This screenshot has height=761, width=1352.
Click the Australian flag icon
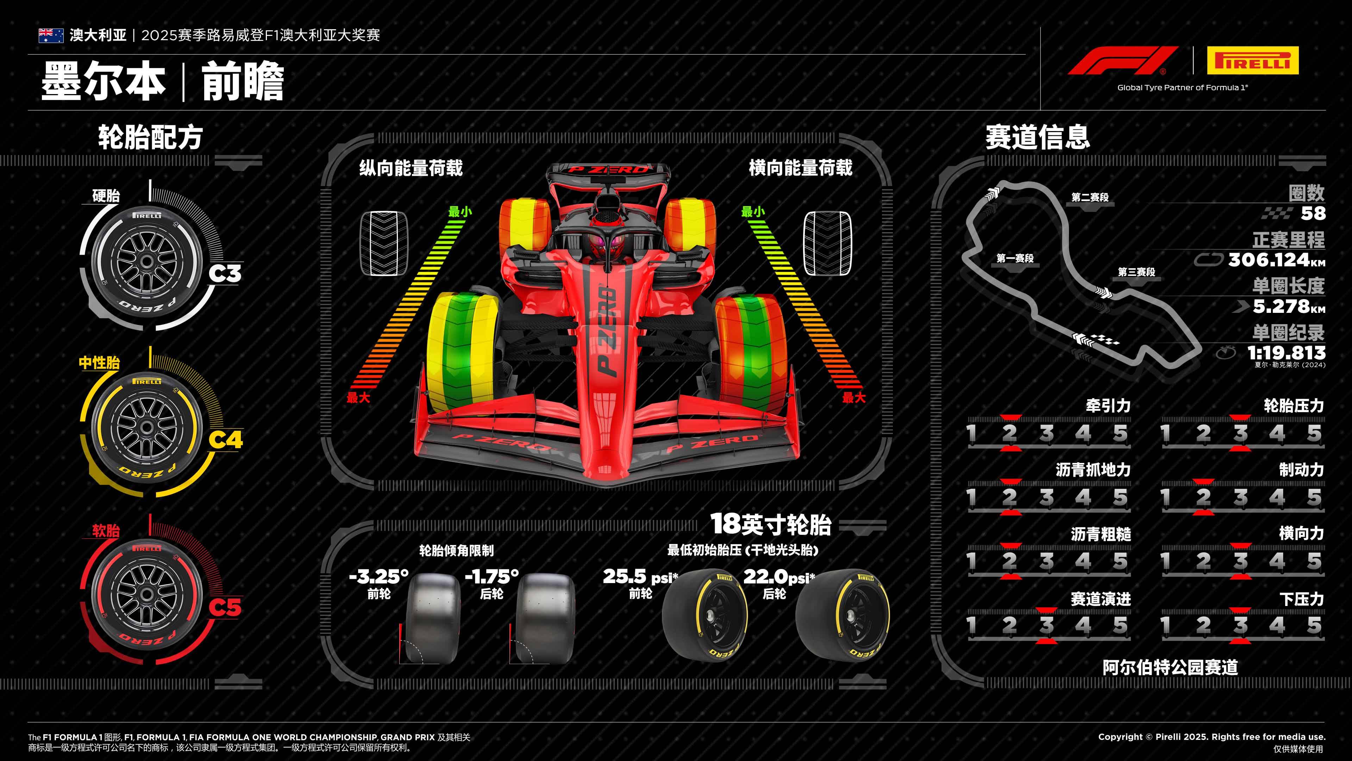point(51,35)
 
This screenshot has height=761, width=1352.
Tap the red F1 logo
point(1123,60)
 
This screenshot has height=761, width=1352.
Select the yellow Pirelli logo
point(1252,60)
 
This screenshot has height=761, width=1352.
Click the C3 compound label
point(225,273)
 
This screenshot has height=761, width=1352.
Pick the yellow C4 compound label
point(226,440)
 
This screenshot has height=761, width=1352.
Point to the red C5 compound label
point(225,607)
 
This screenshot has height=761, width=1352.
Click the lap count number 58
point(1313,213)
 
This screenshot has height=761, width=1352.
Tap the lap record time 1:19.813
point(1287,352)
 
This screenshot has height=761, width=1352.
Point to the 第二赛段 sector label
point(1090,197)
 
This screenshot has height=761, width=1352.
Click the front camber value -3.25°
point(379,577)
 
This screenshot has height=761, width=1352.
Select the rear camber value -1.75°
point(492,577)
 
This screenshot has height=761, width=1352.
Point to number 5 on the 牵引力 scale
point(1120,433)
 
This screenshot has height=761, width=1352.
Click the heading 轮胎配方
point(150,138)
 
